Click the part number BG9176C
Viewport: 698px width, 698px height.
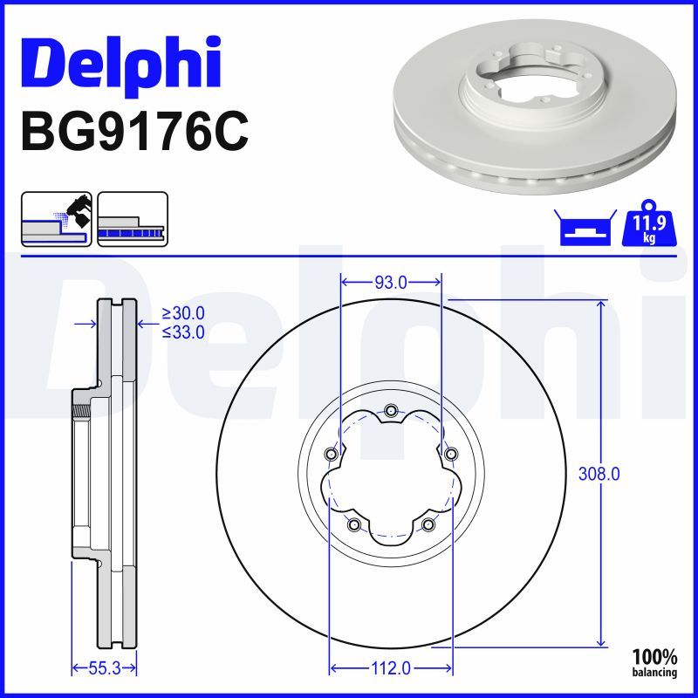click(135, 132)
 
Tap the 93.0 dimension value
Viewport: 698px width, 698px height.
click(391, 282)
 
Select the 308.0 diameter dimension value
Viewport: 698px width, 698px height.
click(599, 474)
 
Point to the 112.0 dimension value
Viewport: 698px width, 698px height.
click(390, 667)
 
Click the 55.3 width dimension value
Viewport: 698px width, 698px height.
click(105, 667)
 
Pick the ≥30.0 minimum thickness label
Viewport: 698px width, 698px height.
click(183, 313)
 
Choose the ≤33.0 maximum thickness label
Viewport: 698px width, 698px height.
click(183, 332)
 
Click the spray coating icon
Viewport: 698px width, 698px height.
click(57, 219)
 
